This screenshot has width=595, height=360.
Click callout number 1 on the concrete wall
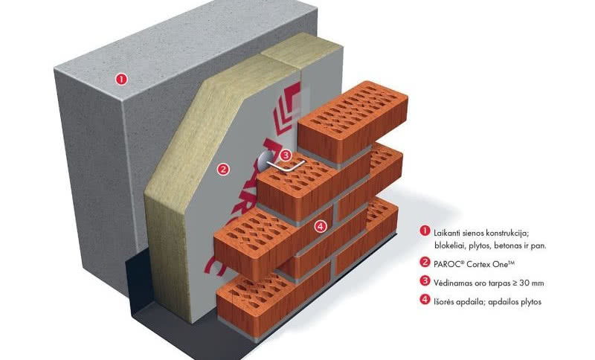122,78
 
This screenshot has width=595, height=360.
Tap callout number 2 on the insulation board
222,169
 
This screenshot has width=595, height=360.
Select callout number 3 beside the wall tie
286,155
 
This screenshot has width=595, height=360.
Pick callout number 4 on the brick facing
320,226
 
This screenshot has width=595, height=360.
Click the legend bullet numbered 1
425,232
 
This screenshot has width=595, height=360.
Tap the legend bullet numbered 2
425,263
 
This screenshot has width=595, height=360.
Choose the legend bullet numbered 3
425,281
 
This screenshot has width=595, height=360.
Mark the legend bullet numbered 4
425,301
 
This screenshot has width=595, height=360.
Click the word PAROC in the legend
447,263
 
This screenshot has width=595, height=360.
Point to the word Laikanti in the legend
448,233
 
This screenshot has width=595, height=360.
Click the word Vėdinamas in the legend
454,282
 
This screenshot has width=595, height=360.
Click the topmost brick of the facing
354,118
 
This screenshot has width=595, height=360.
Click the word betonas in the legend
506,245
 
